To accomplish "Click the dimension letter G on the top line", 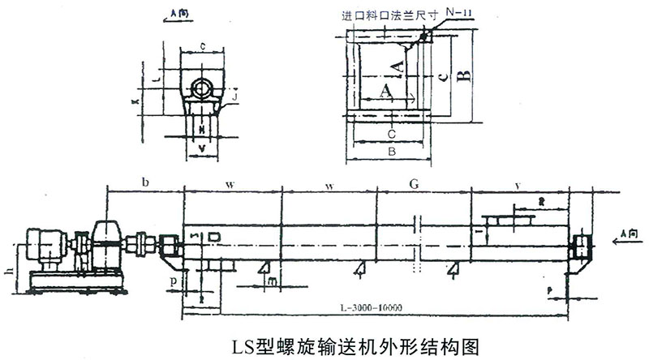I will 415,185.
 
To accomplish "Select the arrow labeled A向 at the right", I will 625,236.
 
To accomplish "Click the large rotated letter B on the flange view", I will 462,78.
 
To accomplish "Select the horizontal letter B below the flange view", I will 390,151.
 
